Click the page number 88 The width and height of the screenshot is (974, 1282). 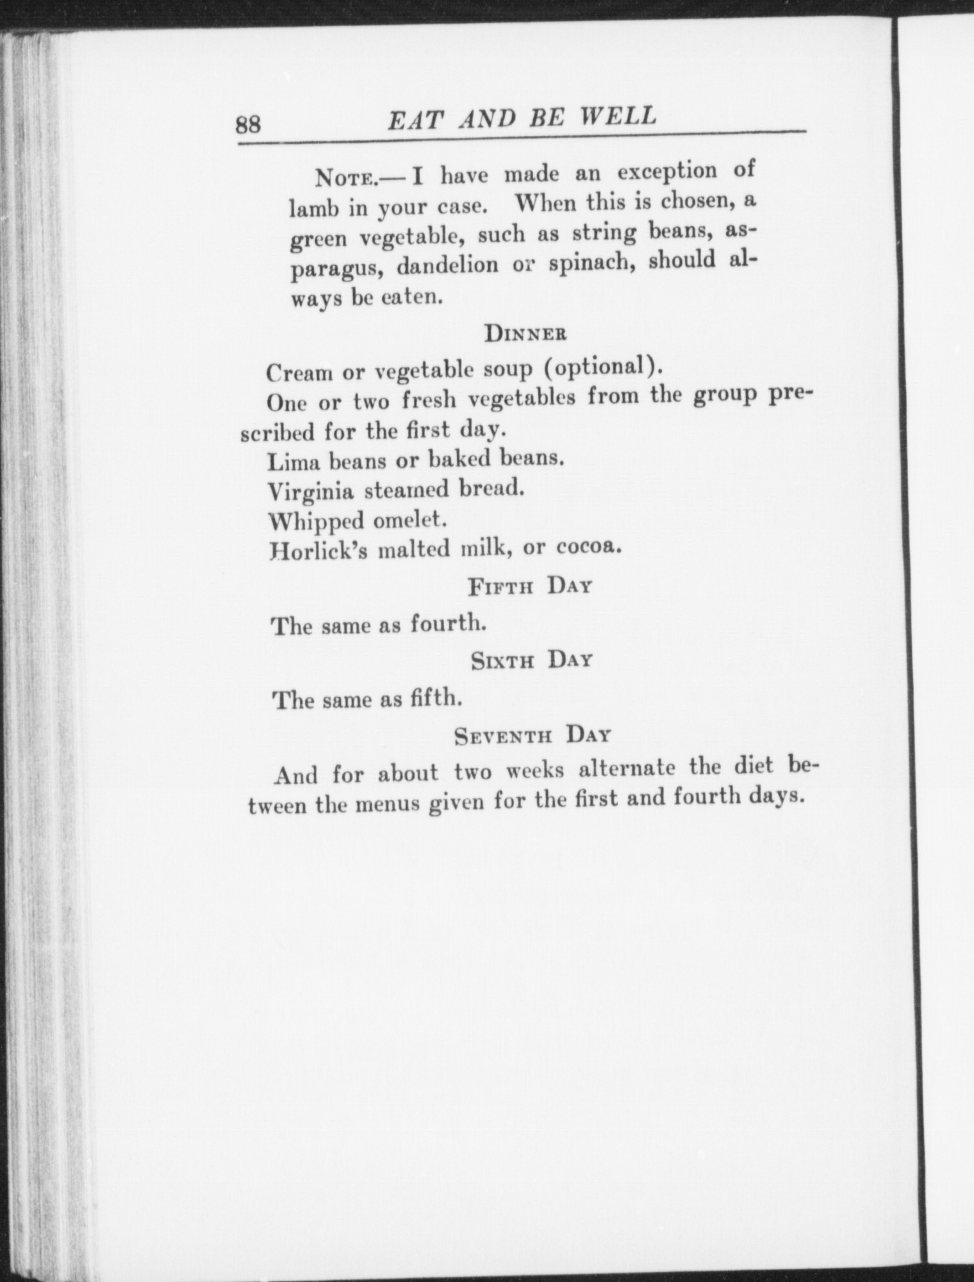coord(249,123)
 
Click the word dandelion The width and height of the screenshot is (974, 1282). coord(447,265)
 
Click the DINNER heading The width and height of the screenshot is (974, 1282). coord(525,333)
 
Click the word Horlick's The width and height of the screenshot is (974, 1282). coord(319,551)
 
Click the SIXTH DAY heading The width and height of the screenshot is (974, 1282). coord(531,660)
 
